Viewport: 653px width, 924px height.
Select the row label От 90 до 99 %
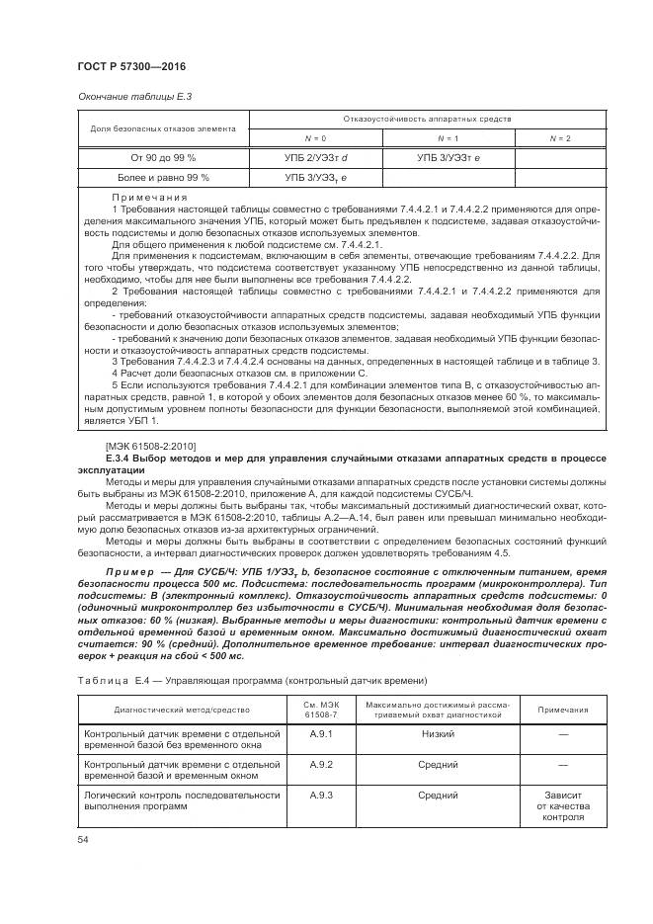[163, 157]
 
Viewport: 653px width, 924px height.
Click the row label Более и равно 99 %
[163, 178]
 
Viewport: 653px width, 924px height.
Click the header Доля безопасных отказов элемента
[163, 127]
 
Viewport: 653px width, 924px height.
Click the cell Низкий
[437, 734]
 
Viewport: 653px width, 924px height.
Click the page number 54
[83, 839]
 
